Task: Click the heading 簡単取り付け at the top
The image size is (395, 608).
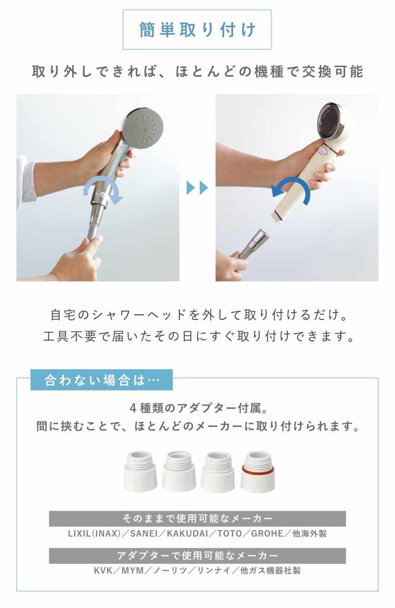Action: pyautogui.click(x=197, y=29)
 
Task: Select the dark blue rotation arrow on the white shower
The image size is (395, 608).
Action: pyautogui.click(x=291, y=190)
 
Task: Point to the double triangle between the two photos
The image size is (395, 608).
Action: pyautogui.click(x=197, y=187)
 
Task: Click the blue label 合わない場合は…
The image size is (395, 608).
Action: pyautogui.click(x=101, y=379)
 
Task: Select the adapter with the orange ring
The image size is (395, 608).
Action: pyautogui.click(x=258, y=472)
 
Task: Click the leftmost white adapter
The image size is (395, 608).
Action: pyautogui.click(x=140, y=472)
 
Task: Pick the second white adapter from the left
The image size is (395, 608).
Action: pyautogui.click(x=179, y=472)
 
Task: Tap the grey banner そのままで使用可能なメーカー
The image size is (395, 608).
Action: pyautogui.click(x=197, y=518)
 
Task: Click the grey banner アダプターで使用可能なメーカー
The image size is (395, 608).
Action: pyautogui.click(x=197, y=556)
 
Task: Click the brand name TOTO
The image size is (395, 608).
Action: pyautogui.click(x=230, y=534)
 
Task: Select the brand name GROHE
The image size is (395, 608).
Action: pyautogui.click(x=267, y=534)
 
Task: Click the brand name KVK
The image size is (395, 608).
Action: pyautogui.click(x=103, y=571)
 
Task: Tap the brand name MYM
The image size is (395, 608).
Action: pyautogui.click(x=132, y=571)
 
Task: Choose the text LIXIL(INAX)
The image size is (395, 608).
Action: pyautogui.click(x=94, y=534)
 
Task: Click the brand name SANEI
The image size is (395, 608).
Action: pyautogui.click(x=144, y=534)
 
